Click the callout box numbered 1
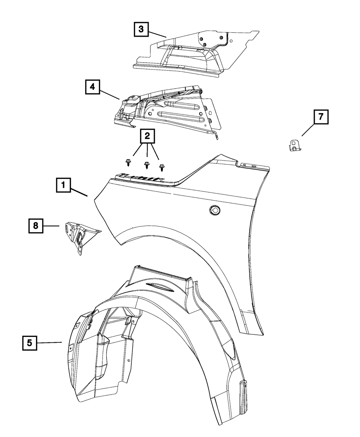click(x=63, y=185)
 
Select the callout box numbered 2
click(x=147, y=136)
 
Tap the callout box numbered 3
click(x=141, y=29)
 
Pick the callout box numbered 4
click(x=93, y=87)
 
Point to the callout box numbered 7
click(x=321, y=117)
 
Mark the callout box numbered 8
click(x=36, y=226)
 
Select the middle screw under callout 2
click(x=147, y=166)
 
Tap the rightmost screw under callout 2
click(x=161, y=168)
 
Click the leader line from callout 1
click(x=79, y=192)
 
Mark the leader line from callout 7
click(x=308, y=130)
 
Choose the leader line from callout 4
click(x=110, y=94)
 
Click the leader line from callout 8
click(x=51, y=226)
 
